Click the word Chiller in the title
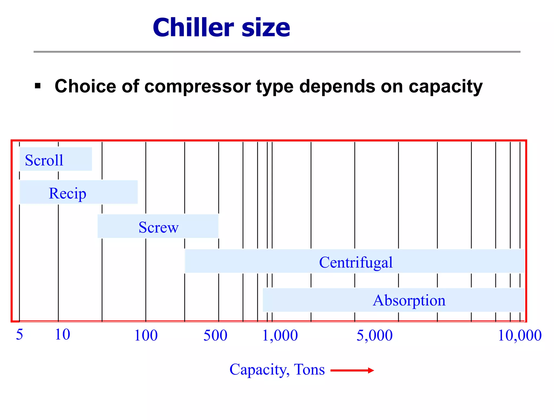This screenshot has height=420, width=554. pyautogui.click(x=193, y=28)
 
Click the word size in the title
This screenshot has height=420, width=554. pyautogui.click(x=266, y=28)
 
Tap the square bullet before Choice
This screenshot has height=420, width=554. pyautogui.click(x=38, y=86)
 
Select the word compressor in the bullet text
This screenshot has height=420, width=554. pyautogui.click(x=194, y=87)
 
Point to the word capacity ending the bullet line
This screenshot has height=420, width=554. pyautogui.click(x=446, y=87)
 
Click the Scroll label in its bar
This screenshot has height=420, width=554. pyautogui.click(x=44, y=160)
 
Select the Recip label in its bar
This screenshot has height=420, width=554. pyautogui.click(x=67, y=193)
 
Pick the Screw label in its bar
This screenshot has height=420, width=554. pyautogui.click(x=159, y=227)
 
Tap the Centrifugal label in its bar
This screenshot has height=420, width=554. pyautogui.click(x=355, y=262)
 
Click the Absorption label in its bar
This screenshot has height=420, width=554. pyautogui.click(x=409, y=300)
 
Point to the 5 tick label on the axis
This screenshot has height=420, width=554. pyautogui.click(x=19, y=334)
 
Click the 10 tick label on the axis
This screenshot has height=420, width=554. pyautogui.click(x=62, y=334)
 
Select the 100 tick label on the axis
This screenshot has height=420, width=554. pyautogui.click(x=146, y=336)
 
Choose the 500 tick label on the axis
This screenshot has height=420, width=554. pyautogui.click(x=215, y=336)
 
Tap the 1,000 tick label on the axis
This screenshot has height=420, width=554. pyautogui.click(x=280, y=336)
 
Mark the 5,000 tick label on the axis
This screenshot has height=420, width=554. pyautogui.click(x=374, y=336)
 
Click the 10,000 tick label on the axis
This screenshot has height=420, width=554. pyautogui.click(x=519, y=336)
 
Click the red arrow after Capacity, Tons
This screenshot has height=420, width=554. pyautogui.click(x=352, y=370)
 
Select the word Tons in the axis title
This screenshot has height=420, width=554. pyautogui.click(x=309, y=369)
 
